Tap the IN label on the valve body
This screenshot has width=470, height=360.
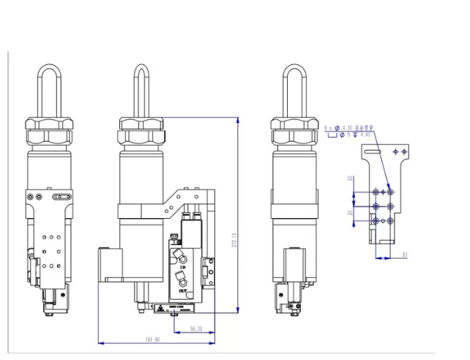coord(183,269)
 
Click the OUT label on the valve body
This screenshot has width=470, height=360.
coord(183,291)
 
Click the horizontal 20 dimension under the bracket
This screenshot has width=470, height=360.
coord(405,255)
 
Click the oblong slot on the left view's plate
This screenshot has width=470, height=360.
coord(61,195)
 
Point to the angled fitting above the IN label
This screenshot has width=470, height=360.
coord(179,255)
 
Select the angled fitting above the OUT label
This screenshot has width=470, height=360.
coord(179,279)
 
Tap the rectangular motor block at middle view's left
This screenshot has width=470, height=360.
coord(108,265)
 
